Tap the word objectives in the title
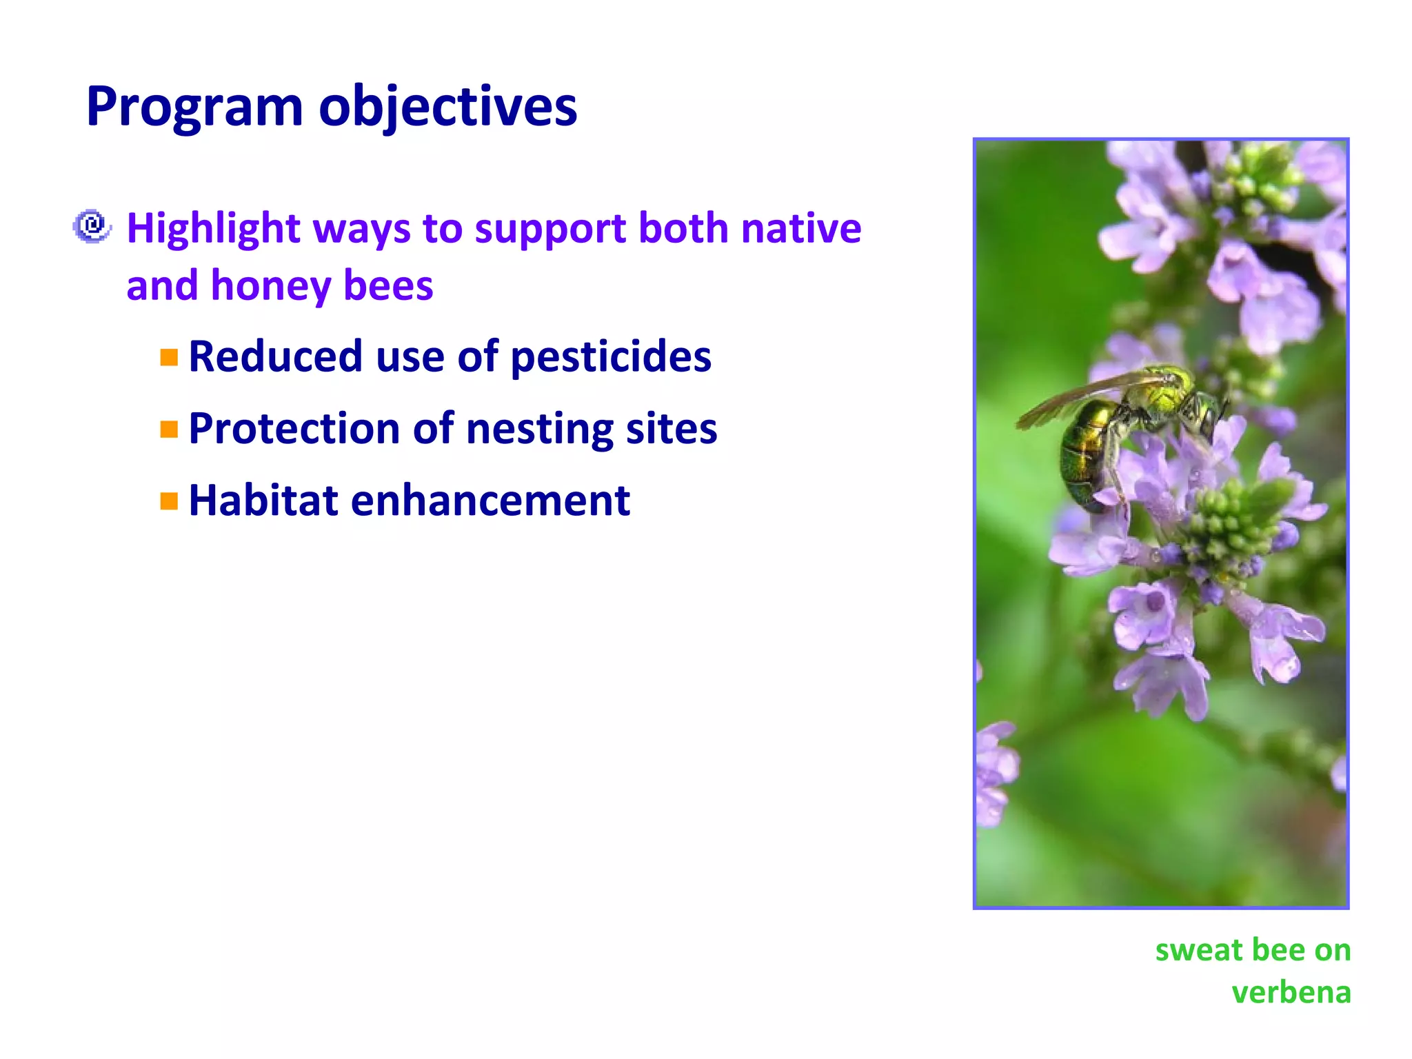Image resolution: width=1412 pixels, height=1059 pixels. tap(447, 108)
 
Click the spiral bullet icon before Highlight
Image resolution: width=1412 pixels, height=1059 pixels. tap(92, 226)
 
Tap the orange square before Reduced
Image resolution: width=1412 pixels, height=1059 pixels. tap(169, 357)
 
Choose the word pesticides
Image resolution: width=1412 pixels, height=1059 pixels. tap(611, 357)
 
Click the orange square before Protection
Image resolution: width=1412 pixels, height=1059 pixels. tap(169, 430)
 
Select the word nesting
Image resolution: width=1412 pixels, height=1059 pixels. tap(539, 430)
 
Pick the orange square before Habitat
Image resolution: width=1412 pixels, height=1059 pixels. tap(169, 501)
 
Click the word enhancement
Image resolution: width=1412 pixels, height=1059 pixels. tap(490, 501)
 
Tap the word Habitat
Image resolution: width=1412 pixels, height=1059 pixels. tap(263, 501)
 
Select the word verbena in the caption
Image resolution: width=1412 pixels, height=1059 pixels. tap(1291, 993)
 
